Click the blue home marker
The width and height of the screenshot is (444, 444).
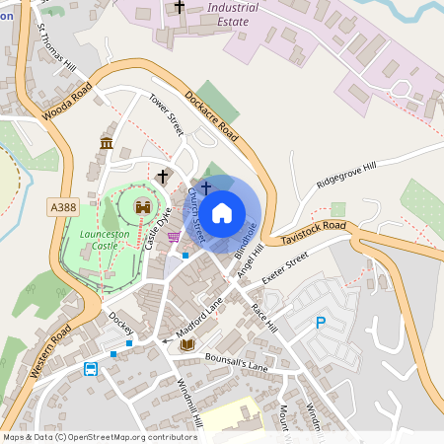coord(222,212)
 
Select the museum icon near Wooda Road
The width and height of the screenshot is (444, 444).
coord(106,145)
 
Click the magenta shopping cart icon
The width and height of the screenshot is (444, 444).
coord(174,236)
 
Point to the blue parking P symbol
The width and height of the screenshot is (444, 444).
coord(320,322)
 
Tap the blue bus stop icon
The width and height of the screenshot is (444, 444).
coord(91,369)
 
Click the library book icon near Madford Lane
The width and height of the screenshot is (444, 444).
coord(187,344)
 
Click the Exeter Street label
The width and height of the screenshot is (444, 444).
coord(286,268)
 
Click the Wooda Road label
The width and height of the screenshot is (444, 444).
coord(67,103)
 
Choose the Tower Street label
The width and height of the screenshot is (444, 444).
coord(167,116)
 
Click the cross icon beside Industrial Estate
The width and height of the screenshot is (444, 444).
coord(179,7)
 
